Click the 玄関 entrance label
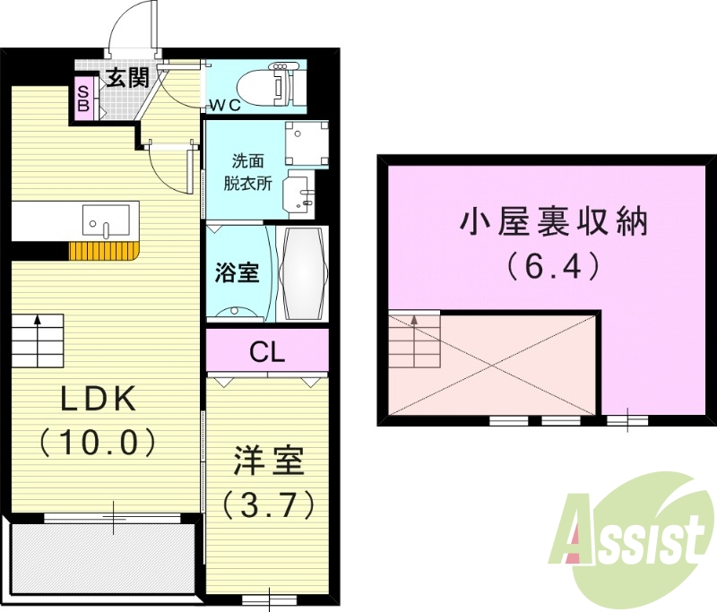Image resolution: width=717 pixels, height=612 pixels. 127,77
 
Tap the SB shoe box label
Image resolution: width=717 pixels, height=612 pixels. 82,98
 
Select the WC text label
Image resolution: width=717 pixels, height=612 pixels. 225,105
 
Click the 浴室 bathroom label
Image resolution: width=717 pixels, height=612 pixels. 237,272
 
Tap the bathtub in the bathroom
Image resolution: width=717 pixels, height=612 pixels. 303,272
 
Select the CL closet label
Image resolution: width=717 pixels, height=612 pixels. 267,352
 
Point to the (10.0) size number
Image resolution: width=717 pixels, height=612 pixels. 98,441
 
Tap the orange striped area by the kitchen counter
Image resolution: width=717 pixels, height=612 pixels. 101,251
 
